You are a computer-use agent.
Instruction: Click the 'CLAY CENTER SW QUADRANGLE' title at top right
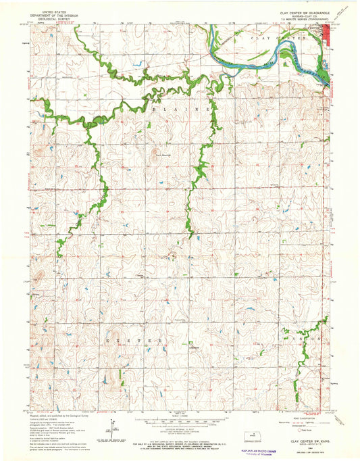point(303,12)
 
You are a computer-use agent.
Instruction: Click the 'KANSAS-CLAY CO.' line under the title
point(303,16)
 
